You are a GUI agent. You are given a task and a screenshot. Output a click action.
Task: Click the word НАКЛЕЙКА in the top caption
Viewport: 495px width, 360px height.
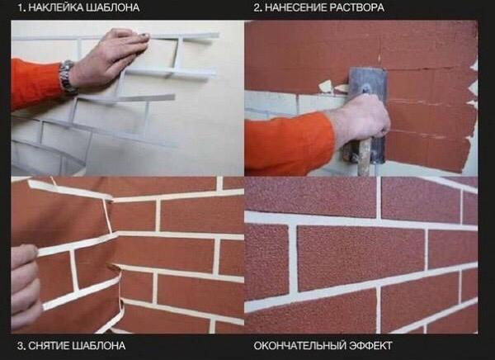pyautogui.click(x=54, y=8)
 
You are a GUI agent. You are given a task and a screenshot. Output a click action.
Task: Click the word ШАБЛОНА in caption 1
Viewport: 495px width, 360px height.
pyautogui.click(x=111, y=8)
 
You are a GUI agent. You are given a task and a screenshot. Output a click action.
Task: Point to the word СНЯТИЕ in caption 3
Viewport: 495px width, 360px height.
pyautogui.click(x=49, y=345)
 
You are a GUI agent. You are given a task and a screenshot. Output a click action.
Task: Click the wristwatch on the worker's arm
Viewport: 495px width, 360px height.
pyautogui.click(x=67, y=78)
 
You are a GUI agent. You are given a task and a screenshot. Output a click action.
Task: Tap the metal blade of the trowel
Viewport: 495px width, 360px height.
pyautogui.click(x=368, y=104)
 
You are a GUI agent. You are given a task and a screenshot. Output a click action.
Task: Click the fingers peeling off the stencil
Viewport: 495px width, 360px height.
pyautogui.click(x=26, y=286)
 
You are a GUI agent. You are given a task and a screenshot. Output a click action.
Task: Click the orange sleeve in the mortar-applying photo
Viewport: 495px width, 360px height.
pyautogui.click(x=290, y=142)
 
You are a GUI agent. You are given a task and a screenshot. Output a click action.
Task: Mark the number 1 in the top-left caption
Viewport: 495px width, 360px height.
pyautogui.click(x=21, y=8)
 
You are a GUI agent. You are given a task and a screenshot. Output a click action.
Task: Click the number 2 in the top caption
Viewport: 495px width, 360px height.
pyautogui.click(x=257, y=7)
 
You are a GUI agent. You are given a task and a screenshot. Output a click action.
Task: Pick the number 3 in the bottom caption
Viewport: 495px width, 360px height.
pyautogui.click(x=21, y=345)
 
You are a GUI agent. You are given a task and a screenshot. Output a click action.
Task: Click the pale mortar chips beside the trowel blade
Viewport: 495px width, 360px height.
pyautogui.click(x=333, y=87)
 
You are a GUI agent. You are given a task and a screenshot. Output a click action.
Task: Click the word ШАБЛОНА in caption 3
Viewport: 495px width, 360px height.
pyautogui.click(x=99, y=345)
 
